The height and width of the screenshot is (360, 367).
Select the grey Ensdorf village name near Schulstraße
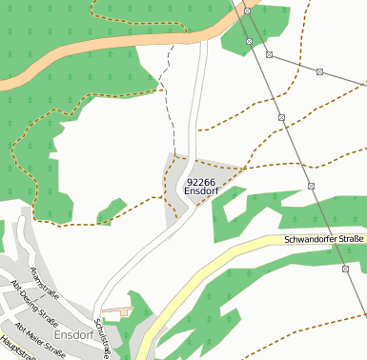[x=73, y=335]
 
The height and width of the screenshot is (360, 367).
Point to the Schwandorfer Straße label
[x=324, y=238]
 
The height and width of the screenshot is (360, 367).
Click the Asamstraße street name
[x=44, y=283]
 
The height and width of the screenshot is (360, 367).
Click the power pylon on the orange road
[x=247, y=11]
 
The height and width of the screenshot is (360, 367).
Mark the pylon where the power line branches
[x=269, y=54]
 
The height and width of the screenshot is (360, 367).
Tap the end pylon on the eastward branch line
[x=320, y=71]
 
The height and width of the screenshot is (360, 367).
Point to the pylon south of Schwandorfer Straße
[x=344, y=270]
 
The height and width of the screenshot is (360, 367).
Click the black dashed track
[x=170, y=105]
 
